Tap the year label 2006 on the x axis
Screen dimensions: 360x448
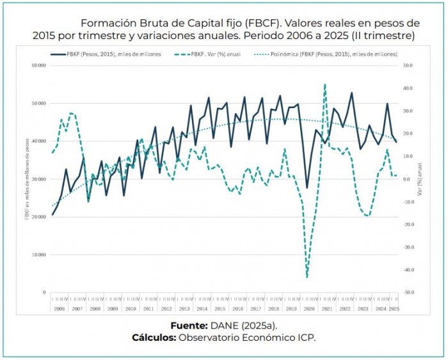coord(60,309)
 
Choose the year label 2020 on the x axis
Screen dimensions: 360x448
coord(308,309)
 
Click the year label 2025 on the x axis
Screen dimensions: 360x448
coord(394,309)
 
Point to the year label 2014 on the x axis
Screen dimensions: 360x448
coord(202,309)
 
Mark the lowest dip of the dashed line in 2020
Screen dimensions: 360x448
coord(307,278)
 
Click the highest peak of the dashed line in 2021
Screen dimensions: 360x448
coord(324,84)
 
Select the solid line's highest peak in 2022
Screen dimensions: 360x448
coord(351,93)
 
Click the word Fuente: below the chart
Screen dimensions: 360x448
coord(189,325)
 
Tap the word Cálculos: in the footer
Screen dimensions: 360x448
coord(154,338)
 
